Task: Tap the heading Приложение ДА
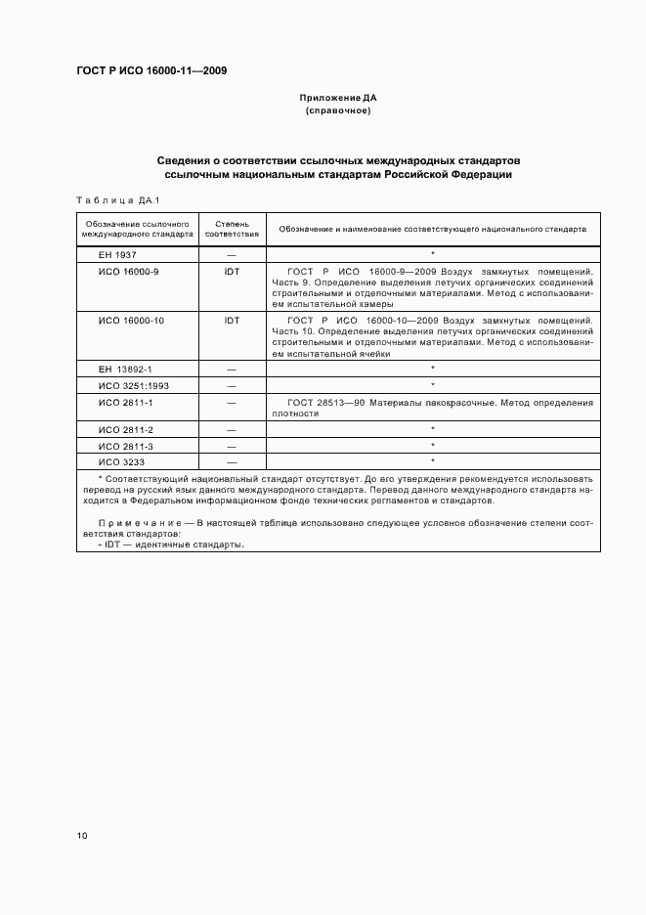tap(337, 98)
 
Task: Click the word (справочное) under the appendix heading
tap(337, 110)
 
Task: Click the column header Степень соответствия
tap(232, 229)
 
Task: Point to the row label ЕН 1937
tap(117, 254)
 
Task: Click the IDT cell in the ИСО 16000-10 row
tap(232, 320)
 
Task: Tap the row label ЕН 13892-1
tap(125, 369)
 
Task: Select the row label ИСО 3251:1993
tap(133, 385)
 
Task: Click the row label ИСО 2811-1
tap(126, 402)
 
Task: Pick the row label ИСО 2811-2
tap(126, 429)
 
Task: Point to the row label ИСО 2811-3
tap(126, 445)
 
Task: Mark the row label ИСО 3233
tap(121, 460)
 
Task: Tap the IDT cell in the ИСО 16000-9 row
tap(232, 271)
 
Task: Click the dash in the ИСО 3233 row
tap(232, 460)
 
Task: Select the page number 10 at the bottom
tap(81, 836)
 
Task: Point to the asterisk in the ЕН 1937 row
tap(432, 254)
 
